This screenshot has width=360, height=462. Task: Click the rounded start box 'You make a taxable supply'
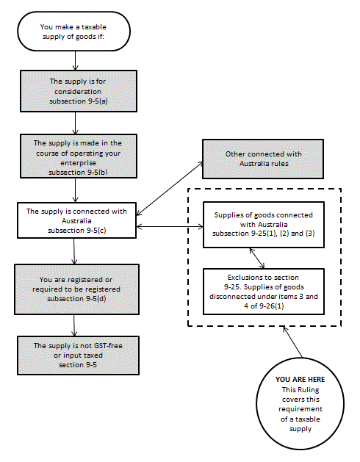pos(73,32)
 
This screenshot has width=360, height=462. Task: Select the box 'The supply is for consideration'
pos(79,91)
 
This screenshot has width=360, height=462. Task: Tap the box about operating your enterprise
pos(79,156)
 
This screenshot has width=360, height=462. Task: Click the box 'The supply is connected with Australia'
pos(76,220)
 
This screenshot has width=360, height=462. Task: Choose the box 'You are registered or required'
pos(76,289)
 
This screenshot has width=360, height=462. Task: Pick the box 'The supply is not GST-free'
pos(78,355)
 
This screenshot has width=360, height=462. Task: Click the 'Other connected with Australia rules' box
pos(263,159)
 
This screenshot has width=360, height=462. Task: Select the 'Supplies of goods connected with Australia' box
pos(264,225)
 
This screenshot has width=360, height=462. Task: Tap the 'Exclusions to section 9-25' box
pos(264,292)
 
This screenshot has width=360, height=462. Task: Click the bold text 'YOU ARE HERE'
pos(300,380)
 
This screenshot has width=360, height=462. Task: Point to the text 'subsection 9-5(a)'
pos(79,101)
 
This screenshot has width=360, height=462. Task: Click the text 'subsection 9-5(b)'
pos(78,173)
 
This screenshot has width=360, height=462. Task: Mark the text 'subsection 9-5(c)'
pos(76,231)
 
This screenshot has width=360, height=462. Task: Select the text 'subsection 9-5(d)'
pos(76,299)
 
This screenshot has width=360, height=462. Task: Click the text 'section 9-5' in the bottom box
pos(78,365)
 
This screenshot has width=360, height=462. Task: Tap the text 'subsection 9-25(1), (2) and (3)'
pos(264,234)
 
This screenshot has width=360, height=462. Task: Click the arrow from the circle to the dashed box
pos(293,342)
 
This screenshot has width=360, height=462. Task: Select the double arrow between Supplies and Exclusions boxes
pos(257,258)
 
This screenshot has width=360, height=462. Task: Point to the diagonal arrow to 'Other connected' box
pos(170,188)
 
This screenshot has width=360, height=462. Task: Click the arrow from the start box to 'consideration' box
pos(76,60)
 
